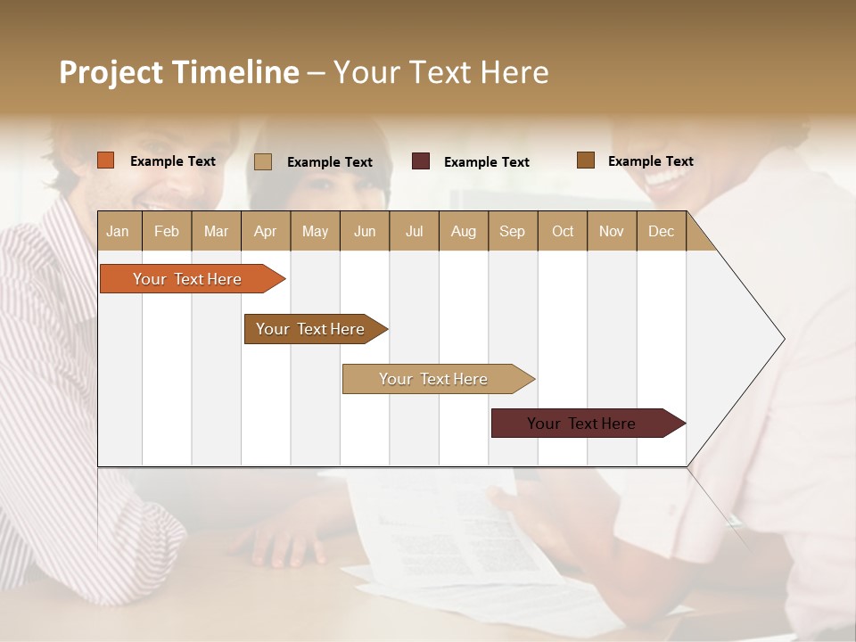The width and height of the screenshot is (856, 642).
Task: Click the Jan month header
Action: [x=119, y=231]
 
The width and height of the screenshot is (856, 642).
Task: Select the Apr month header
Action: [x=266, y=231]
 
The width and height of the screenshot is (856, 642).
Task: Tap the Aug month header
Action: [x=464, y=231]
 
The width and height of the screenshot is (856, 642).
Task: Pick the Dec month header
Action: [x=662, y=231]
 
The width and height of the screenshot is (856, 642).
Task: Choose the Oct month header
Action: [x=563, y=231]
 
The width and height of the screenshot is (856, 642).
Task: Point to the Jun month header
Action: [x=365, y=231]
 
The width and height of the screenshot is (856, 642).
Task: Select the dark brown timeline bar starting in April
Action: [x=312, y=329]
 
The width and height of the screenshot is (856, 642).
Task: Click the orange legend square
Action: [x=105, y=160]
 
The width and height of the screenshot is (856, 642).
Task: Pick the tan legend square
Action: [x=262, y=161]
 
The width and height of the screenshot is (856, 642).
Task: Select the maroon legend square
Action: [x=421, y=161]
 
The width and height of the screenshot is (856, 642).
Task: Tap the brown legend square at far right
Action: [x=585, y=160]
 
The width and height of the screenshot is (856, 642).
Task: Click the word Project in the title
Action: [x=111, y=72]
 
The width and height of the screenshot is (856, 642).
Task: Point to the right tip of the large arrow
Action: [x=783, y=339]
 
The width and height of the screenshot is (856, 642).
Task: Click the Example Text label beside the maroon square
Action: [x=486, y=162]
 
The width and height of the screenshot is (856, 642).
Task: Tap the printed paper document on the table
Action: [x=446, y=535]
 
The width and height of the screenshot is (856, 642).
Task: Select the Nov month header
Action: [x=612, y=231]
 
